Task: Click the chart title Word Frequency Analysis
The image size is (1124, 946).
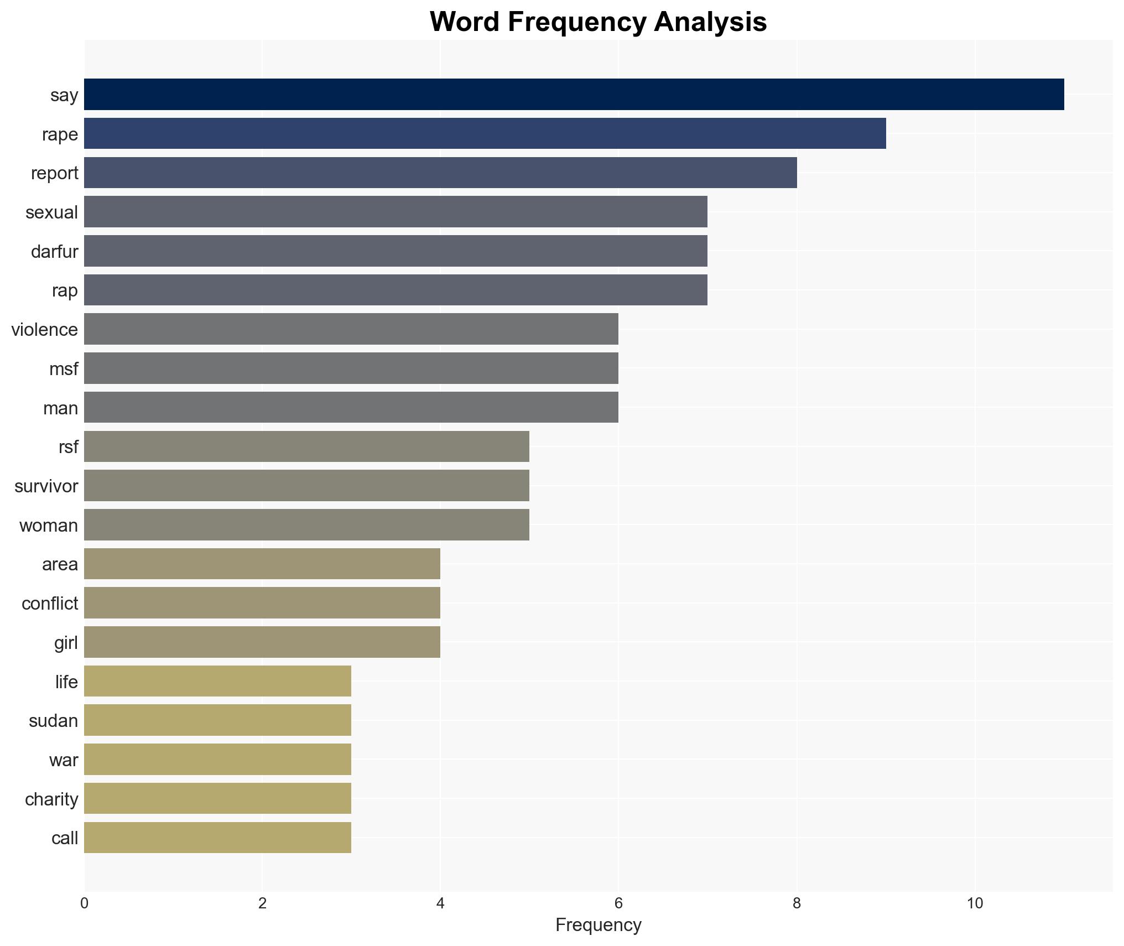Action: [x=598, y=22]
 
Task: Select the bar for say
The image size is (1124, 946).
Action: [x=574, y=95]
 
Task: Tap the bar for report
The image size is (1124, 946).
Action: [x=440, y=173]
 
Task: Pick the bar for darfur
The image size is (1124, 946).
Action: [x=396, y=251]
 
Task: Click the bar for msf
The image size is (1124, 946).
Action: [x=351, y=368]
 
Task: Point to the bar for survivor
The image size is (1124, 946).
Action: [x=306, y=486]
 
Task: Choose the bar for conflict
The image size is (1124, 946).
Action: [x=262, y=603]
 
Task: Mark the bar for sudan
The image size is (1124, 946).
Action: [x=217, y=720]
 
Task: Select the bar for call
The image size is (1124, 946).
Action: [x=217, y=838]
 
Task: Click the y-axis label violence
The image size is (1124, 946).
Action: [x=45, y=330]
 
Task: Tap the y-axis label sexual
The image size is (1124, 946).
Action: [x=52, y=212]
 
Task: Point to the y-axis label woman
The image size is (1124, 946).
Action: [x=49, y=526]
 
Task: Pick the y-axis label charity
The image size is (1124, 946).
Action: [x=51, y=799]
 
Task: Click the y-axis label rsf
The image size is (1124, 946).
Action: [x=69, y=447]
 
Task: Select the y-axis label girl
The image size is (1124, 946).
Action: [x=66, y=643]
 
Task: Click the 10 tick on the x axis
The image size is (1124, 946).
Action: [x=975, y=903]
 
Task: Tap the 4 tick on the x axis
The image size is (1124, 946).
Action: [x=440, y=903]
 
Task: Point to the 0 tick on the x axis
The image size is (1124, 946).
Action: [x=84, y=903]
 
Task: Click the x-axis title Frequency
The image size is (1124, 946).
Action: [x=598, y=925]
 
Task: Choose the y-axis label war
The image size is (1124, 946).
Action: [x=64, y=760]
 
